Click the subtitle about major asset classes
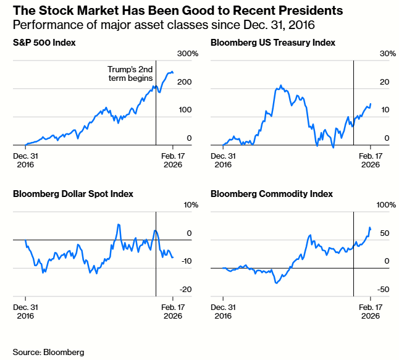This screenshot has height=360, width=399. (164, 25)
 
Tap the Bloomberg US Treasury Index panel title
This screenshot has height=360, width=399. (272, 43)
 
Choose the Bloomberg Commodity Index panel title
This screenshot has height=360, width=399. (271, 194)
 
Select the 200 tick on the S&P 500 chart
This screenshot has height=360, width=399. (184, 82)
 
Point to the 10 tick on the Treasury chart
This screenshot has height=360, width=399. (384, 110)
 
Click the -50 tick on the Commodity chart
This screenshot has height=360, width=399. (383, 289)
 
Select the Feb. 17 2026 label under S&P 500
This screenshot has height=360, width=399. (172, 161)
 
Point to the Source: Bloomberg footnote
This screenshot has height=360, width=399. (48, 352)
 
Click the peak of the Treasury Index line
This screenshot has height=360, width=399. (281, 86)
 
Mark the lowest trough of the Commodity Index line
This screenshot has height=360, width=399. (275, 282)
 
